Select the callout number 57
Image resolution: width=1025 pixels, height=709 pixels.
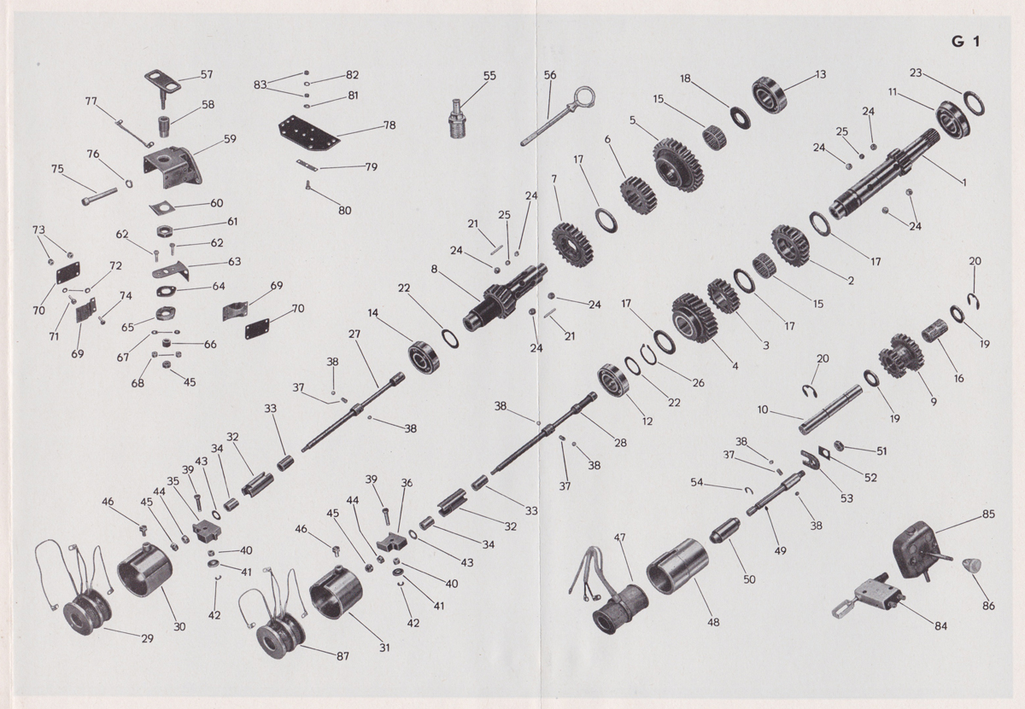click(x=207, y=75)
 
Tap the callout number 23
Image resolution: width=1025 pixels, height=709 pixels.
click(x=916, y=73)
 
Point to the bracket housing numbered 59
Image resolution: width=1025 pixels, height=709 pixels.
click(x=175, y=171)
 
